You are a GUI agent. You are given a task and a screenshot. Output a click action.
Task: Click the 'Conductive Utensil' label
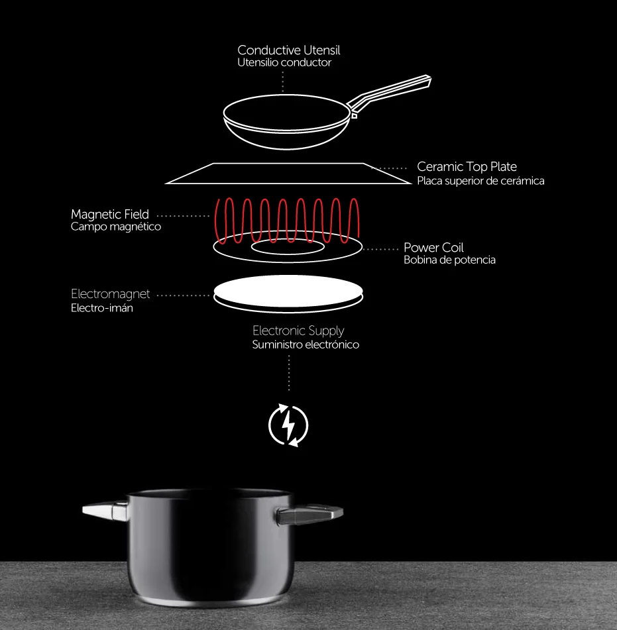point(288,50)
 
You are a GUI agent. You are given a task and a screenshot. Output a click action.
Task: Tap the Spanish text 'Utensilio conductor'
point(284,63)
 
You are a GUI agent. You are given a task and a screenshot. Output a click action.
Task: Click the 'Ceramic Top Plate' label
point(467,167)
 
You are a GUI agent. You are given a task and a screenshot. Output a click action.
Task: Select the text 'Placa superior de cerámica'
point(480,181)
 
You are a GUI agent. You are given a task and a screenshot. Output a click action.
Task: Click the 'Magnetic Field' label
point(110,214)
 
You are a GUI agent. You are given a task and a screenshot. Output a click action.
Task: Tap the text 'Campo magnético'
point(116,227)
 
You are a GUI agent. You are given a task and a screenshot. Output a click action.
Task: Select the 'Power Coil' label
point(433,248)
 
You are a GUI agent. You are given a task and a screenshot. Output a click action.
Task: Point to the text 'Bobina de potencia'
point(449,260)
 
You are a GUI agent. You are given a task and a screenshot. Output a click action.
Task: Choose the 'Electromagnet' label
point(110,294)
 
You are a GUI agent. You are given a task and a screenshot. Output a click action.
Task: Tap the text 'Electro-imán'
point(101,308)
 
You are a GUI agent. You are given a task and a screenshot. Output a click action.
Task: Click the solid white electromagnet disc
point(288,291)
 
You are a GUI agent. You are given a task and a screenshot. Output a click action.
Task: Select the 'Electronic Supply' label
point(298,331)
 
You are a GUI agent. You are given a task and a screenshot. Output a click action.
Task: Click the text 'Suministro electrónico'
point(306,344)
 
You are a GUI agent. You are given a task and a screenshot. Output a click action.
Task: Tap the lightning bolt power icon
point(288,425)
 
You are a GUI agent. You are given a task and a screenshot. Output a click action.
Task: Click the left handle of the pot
point(106,511)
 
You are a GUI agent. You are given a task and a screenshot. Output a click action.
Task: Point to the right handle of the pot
point(309,515)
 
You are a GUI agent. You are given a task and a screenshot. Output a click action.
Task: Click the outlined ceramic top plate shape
point(288,184)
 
